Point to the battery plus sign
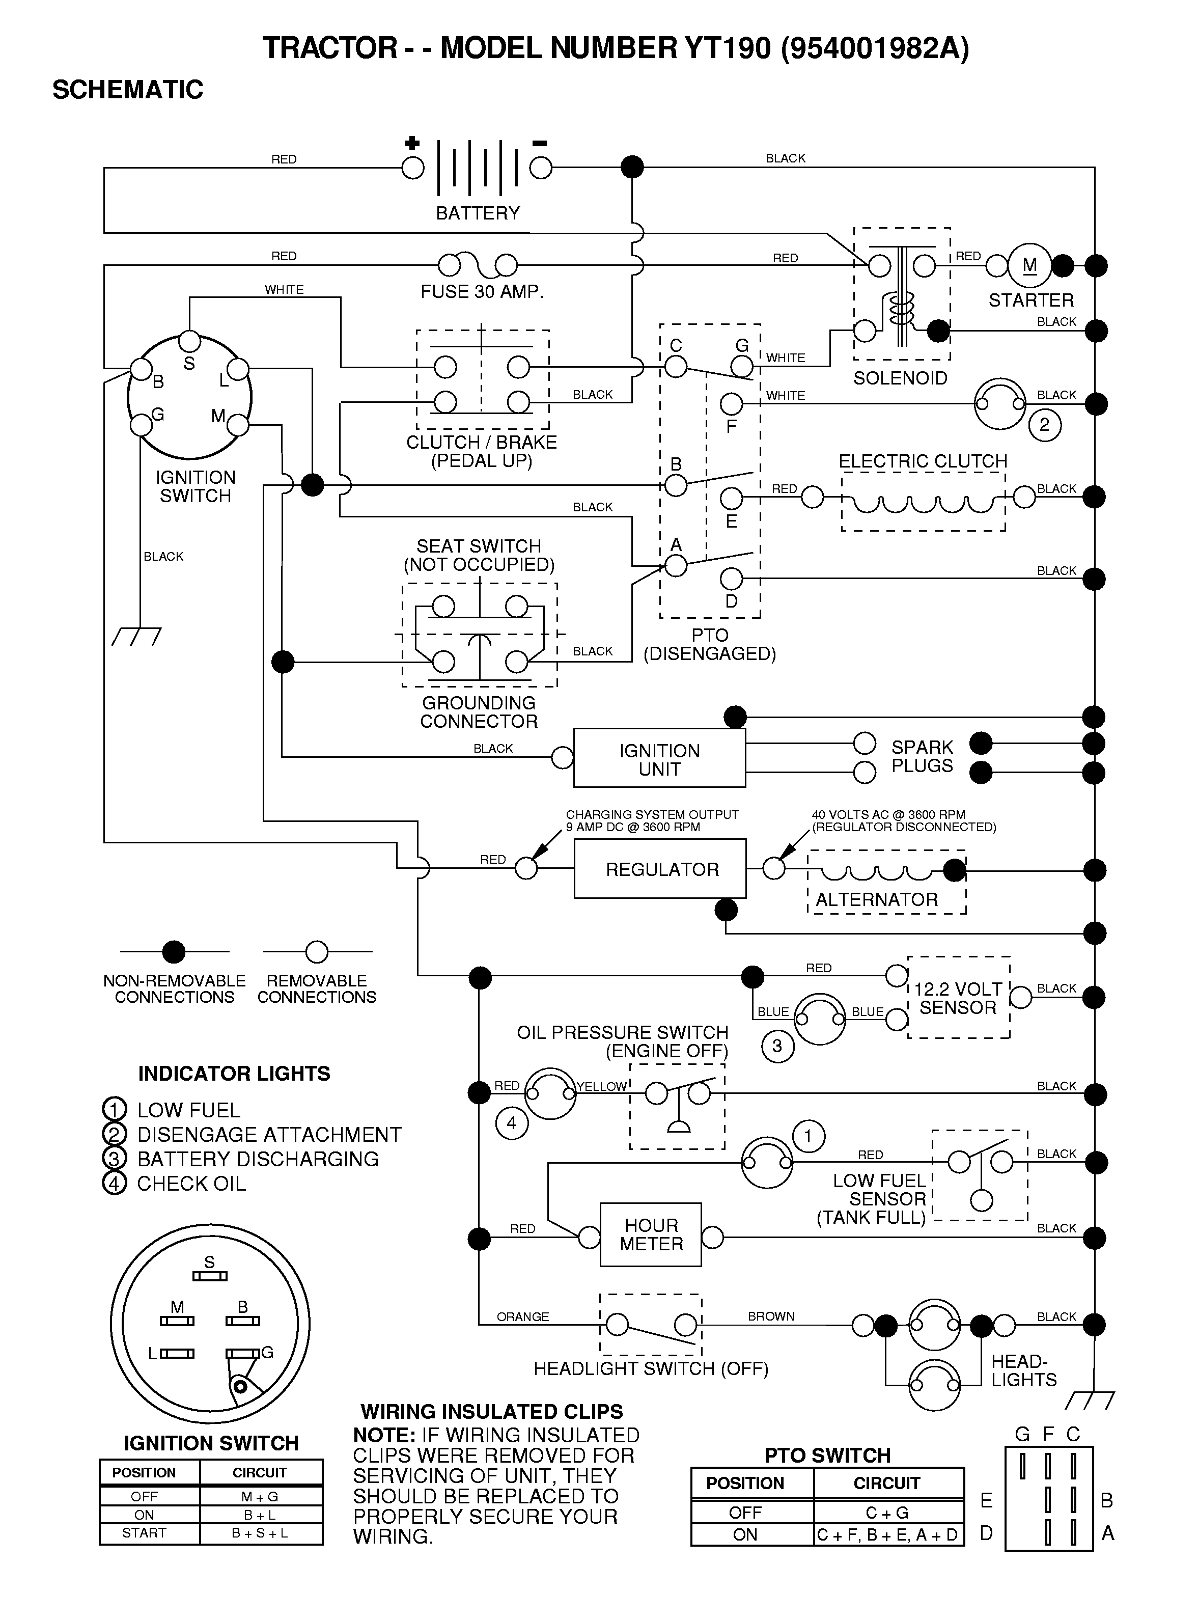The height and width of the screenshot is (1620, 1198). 412,143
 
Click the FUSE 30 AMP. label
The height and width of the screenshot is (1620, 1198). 482,291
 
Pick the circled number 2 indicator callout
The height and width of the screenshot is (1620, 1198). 1044,425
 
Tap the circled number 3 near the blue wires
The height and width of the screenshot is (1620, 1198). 777,1046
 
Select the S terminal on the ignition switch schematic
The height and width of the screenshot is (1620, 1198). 189,341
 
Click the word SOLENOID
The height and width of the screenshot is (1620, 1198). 900,378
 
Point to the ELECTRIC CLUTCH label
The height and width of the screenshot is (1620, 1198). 923,461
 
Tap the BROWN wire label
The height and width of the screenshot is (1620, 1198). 771,1316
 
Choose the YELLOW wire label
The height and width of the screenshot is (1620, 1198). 601,1086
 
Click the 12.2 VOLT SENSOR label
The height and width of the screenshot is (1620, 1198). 958,999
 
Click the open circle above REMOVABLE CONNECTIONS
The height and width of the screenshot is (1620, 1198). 317,951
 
